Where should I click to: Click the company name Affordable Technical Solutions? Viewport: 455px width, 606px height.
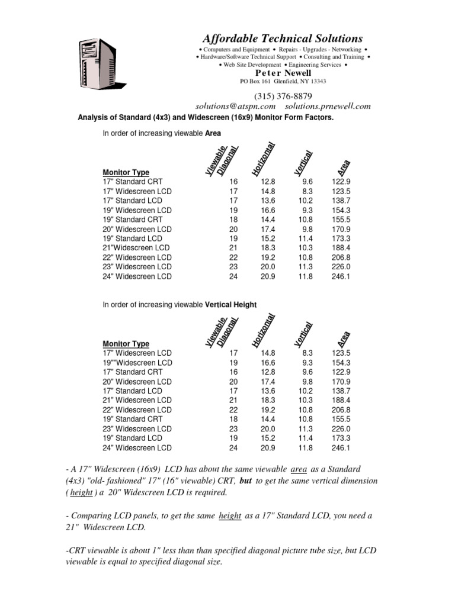point(283,38)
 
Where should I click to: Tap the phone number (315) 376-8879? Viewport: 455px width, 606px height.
point(283,96)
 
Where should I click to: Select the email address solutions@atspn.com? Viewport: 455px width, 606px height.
point(236,106)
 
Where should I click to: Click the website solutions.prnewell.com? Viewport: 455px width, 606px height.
point(328,106)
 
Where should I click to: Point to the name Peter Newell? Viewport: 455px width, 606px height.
point(283,73)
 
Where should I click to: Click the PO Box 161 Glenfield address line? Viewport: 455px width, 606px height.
point(283,81)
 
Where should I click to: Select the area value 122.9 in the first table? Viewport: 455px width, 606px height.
point(341,182)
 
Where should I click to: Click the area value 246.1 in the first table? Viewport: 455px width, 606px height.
point(341,276)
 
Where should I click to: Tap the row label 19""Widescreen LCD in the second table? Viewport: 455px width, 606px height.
point(137,363)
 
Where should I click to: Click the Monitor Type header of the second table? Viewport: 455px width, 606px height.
point(126,344)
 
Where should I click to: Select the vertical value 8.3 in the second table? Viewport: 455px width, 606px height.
point(307,353)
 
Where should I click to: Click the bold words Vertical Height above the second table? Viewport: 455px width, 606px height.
point(230,305)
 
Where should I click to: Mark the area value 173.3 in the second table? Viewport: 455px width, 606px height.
point(341,439)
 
